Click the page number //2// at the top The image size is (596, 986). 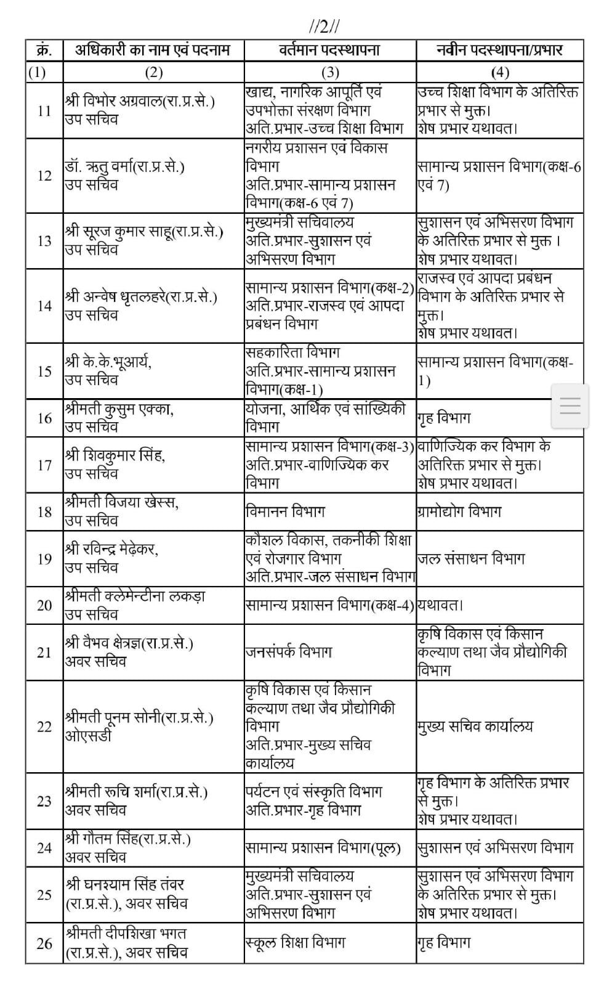click(324, 26)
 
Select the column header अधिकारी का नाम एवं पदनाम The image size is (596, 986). click(152, 50)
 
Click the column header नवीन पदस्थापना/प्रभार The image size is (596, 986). click(499, 50)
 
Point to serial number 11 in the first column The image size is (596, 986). click(44, 111)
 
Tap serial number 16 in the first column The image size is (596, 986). click(44, 418)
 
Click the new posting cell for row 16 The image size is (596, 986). click(444, 418)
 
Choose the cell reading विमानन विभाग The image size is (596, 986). click(284, 511)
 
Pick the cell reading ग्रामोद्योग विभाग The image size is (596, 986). click(459, 511)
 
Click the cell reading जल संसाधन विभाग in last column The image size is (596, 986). click(471, 559)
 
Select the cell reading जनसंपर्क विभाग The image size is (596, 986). click(288, 652)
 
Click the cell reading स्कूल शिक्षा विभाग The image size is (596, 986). click(294, 942)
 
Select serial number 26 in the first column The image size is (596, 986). click(44, 943)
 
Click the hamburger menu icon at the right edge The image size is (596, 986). click(570, 406)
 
